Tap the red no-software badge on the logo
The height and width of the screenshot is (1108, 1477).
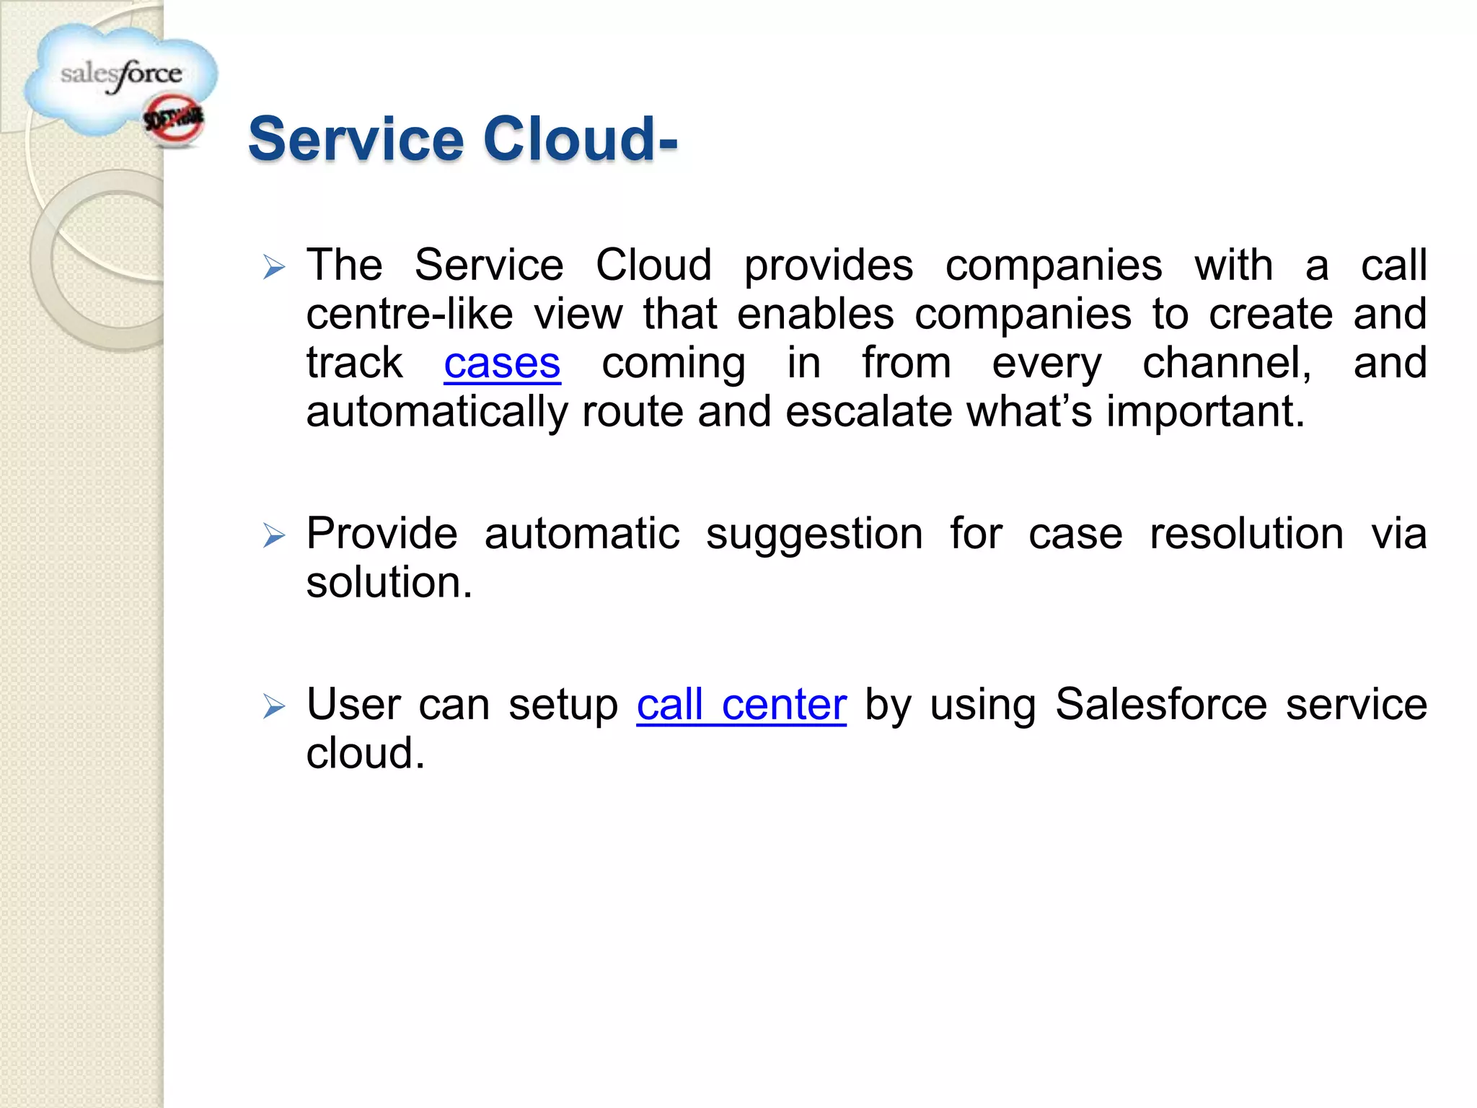click(x=174, y=120)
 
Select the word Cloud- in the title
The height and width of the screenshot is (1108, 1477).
click(x=581, y=138)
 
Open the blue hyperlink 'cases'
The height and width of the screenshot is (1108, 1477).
click(x=502, y=364)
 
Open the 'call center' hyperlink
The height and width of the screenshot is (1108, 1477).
click(x=741, y=705)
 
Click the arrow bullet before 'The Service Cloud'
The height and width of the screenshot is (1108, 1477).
click(x=274, y=268)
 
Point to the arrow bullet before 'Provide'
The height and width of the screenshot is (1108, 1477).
click(x=274, y=536)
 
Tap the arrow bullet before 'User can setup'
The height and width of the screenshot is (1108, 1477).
click(x=274, y=706)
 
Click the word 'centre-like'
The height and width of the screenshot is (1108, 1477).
click(x=410, y=315)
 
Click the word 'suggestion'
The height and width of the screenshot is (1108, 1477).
click(x=814, y=535)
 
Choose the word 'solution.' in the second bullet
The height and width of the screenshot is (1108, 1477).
click(x=389, y=583)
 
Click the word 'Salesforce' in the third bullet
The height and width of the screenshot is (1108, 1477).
click(x=1161, y=705)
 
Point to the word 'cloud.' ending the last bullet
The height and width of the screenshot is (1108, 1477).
click(x=366, y=754)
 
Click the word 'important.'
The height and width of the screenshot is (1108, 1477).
click(x=1206, y=413)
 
